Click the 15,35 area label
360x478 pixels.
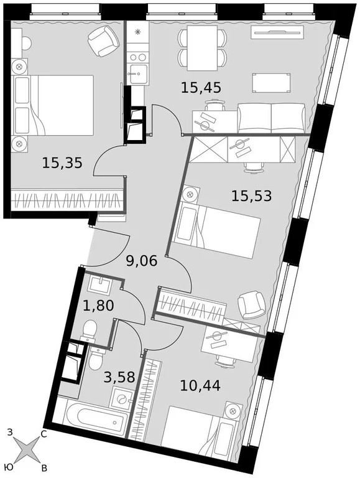pos(62,163)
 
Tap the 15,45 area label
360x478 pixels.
pos(201,88)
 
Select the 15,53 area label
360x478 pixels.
pos(251,197)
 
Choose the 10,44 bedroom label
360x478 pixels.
pos(200,386)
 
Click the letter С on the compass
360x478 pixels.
pos(44,434)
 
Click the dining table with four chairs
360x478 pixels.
pos(201,49)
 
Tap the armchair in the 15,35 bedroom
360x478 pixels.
pos(103,40)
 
